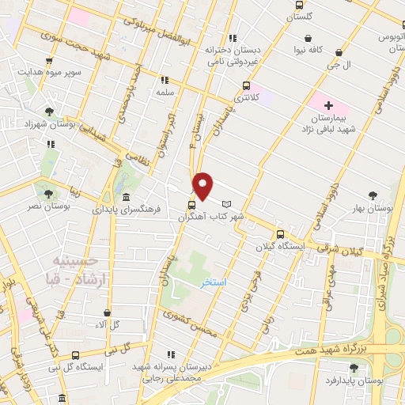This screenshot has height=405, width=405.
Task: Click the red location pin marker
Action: point(203,186)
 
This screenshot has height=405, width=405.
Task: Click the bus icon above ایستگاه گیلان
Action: point(279,234)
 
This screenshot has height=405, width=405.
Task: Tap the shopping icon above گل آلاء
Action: point(107,313)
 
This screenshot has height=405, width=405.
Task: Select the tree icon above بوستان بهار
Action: point(373,194)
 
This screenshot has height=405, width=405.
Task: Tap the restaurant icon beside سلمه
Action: point(165,80)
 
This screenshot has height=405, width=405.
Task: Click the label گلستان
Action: point(302,16)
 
